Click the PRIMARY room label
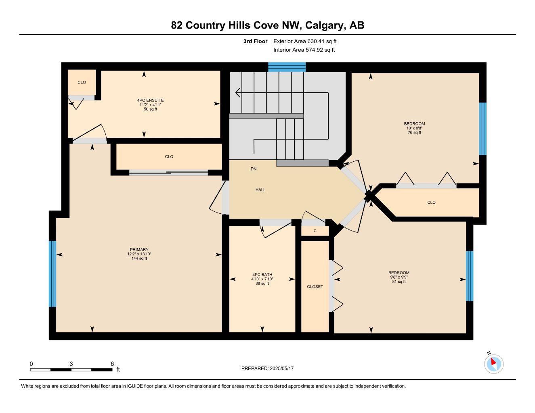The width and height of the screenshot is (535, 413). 139,250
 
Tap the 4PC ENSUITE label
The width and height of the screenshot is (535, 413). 150,100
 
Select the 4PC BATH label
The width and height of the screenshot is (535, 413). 262,275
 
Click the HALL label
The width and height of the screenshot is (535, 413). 260,190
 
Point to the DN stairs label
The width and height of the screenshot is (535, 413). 254,169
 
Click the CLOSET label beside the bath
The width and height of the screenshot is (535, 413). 315,287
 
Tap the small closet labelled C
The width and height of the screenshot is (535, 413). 315,231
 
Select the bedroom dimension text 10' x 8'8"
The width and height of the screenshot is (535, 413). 414,128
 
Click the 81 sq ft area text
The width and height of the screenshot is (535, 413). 399,282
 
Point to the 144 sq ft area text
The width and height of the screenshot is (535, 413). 139,259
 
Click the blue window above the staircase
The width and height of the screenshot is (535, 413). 287,67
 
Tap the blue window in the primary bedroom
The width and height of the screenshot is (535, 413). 52,273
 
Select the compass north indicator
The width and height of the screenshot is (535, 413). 493,363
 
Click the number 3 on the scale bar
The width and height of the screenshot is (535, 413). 71,364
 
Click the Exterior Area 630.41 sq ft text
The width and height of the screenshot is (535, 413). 305,41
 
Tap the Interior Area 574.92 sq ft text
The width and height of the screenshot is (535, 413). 304,50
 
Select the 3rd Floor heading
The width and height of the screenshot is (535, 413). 255,41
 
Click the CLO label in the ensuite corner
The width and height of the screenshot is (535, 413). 82,82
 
